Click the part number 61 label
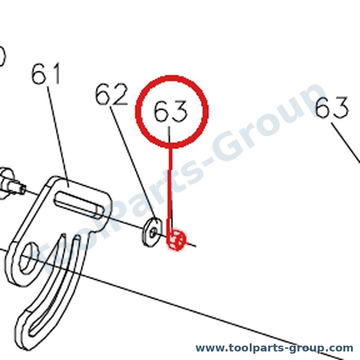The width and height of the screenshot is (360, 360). pos(46,74)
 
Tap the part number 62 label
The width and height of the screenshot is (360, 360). pos(112,94)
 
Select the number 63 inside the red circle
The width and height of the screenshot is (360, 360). pos(170,111)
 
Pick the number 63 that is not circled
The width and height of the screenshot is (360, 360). pos(332,108)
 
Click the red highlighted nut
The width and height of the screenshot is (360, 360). pos(176,240)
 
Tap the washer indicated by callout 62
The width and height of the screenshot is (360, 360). pos(152,232)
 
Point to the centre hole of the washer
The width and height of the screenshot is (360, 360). pos(153,232)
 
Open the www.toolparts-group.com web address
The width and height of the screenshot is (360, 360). pos(274,348)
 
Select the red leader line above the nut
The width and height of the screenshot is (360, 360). pos(171,189)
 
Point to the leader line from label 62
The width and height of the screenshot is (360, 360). pos(133,163)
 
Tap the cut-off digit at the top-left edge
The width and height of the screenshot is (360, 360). pos(2,57)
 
